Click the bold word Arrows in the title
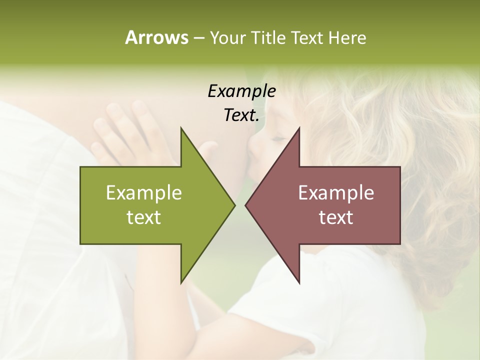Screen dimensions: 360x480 156,37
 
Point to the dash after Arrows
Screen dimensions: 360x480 198,38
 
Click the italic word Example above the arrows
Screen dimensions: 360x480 241,91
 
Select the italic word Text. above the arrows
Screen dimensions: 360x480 241,115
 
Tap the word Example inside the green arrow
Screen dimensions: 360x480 144,192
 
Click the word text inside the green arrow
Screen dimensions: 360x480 144,217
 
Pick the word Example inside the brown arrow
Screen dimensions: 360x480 336,192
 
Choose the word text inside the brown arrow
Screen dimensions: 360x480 336,217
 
